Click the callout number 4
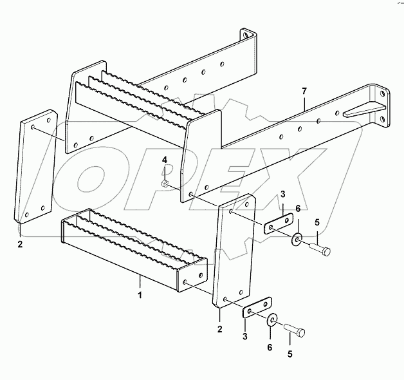tap(165, 159)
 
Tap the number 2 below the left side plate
tap(20, 245)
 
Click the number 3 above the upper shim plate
tap(282, 195)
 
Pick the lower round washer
tap(271, 319)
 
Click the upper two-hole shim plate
tap(275, 226)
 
